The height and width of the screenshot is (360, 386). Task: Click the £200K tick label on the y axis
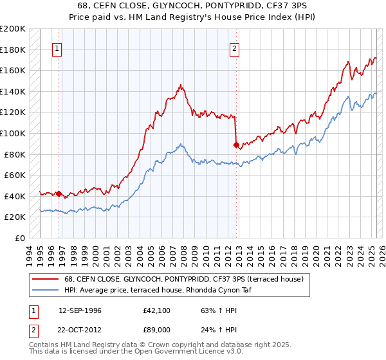tap(13, 29)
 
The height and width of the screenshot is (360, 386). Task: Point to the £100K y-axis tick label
tap(13, 133)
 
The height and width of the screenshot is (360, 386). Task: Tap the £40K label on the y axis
tap(15, 196)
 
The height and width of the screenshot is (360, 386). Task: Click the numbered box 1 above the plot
tap(58, 48)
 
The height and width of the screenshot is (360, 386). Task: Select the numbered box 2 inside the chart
tap(235, 48)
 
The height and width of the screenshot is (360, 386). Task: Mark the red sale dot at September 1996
tap(59, 194)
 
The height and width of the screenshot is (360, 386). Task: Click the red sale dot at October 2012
tap(236, 145)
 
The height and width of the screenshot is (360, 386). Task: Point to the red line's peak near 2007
tap(181, 85)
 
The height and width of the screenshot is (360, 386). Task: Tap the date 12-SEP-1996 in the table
tap(80, 310)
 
